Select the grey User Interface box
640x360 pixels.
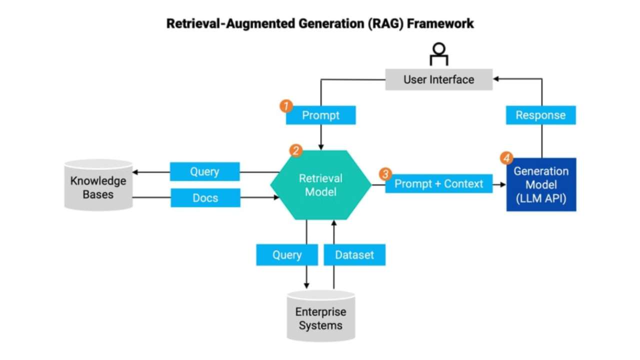tap(438, 79)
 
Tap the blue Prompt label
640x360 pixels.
tap(320, 115)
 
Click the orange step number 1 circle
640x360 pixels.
tap(286, 106)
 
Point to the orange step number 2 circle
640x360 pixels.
tap(296, 150)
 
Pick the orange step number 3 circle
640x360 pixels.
tap(385, 174)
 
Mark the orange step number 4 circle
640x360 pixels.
tap(506, 158)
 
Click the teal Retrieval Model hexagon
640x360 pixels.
tap(320, 185)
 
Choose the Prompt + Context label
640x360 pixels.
tap(438, 184)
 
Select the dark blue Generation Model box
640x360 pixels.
tap(541, 184)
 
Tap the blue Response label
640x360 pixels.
tap(540, 115)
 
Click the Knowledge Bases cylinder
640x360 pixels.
tap(98, 185)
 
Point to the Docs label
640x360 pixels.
tap(205, 198)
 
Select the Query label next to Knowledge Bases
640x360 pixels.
tap(204, 172)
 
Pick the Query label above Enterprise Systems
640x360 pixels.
tap(287, 255)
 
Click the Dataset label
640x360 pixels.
tap(354, 255)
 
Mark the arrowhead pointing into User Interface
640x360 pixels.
tap(496, 78)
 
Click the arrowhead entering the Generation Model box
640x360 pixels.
tap(502, 184)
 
